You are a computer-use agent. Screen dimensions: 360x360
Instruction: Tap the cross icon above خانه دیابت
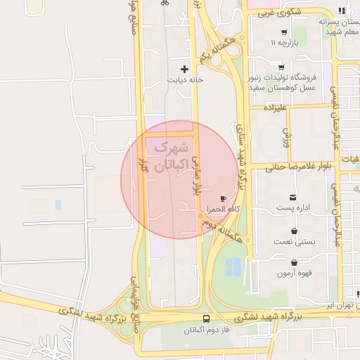[185, 69]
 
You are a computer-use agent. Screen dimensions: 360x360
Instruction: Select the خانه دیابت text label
[185, 80]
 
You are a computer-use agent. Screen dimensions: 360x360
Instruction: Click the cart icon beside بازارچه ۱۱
[283, 32]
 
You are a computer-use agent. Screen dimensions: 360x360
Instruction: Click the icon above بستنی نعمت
[293, 230]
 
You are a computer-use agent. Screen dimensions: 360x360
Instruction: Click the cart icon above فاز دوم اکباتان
[205, 318]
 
